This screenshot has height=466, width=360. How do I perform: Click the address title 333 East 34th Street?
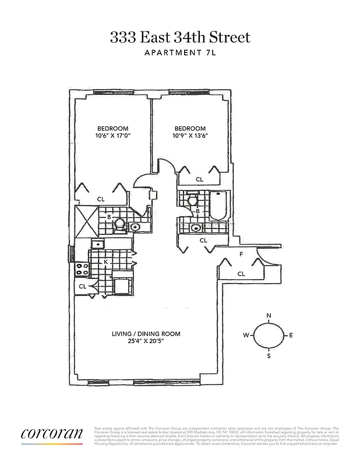point(180,38)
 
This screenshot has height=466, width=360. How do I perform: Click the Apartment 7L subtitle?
point(180,54)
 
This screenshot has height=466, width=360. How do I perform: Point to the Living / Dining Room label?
point(146,334)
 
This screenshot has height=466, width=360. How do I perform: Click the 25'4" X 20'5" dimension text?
point(146,341)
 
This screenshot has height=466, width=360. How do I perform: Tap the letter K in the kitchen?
point(105,262)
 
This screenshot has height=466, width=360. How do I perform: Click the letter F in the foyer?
point(241,255)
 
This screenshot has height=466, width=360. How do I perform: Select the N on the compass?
point(269,316)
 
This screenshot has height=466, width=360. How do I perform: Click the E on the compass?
point(291,336)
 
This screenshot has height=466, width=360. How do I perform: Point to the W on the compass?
point(246,336)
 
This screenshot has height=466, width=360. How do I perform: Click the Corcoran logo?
point(52,435)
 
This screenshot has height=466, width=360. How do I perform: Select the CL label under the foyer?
point(241,273)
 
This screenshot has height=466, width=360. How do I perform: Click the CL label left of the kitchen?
point(82,287)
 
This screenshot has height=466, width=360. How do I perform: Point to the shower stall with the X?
point(86,221)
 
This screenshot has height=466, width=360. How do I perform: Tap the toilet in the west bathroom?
point(119,223)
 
